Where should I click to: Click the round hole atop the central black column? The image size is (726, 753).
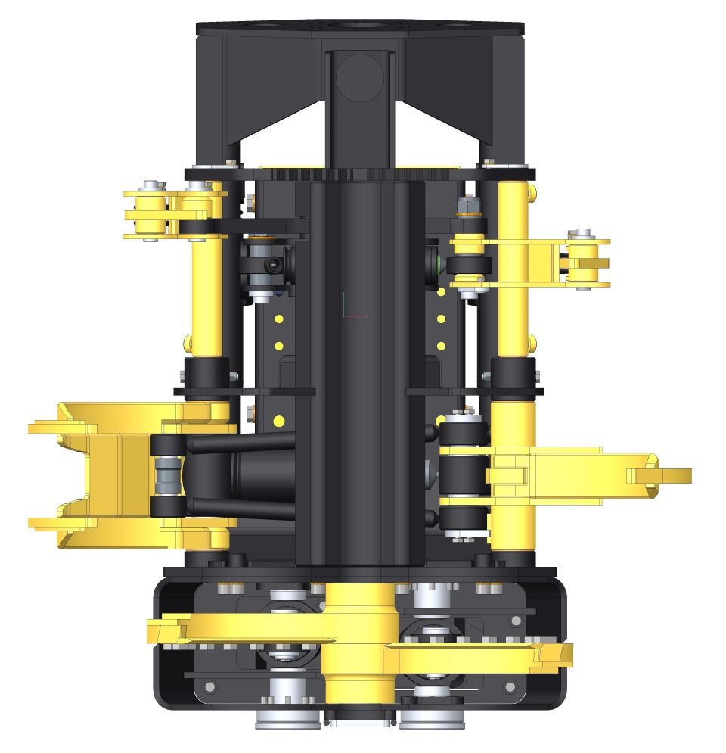360,78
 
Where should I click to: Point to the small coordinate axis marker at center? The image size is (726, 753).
346,306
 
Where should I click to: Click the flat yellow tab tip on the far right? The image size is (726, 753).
669,475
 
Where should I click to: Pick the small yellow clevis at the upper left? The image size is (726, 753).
151,212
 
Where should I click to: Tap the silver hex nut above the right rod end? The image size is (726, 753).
467,204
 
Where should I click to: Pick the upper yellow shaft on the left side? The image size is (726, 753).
205,295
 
